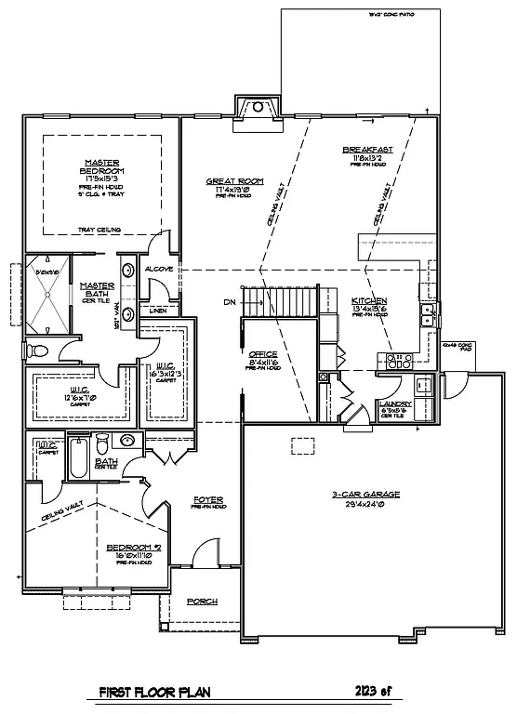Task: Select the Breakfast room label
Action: coord(367,150)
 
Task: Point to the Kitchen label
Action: coord(369,302)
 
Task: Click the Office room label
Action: coord(263,354)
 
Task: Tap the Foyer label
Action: coord(209,500)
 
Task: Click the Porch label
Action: coord(202,602)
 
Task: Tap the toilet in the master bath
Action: coord(38,350)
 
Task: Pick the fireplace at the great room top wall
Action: coord(256,108)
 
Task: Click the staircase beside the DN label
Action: coord(284,301)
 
